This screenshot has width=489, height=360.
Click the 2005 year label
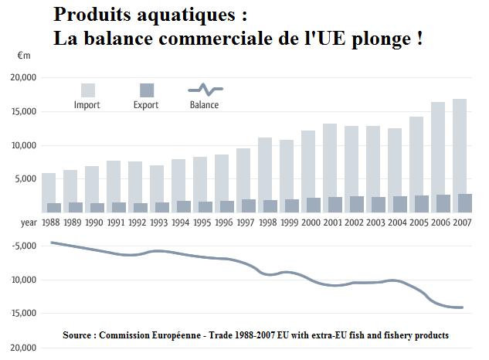[x=416, y=222]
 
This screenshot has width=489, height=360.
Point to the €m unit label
[x=23, y=56]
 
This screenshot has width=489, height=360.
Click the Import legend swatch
[x=88, y=90]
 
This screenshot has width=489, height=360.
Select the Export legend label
[x=145, y=105]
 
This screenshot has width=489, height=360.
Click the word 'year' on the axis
[x=28, y=222]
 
